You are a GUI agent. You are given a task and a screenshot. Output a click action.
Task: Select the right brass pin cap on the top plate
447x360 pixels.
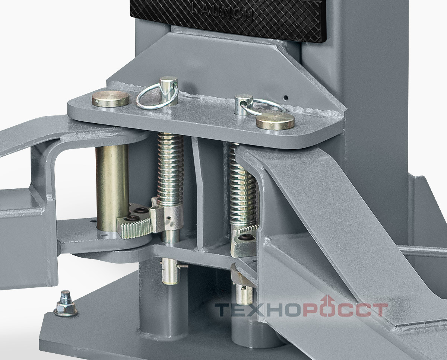point(275,121)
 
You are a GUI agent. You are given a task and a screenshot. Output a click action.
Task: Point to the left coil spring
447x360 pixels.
point(170,169)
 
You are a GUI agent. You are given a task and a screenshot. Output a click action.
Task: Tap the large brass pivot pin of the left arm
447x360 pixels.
point(112,188)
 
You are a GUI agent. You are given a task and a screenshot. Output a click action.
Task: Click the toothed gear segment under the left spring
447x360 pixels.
point(136,228)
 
